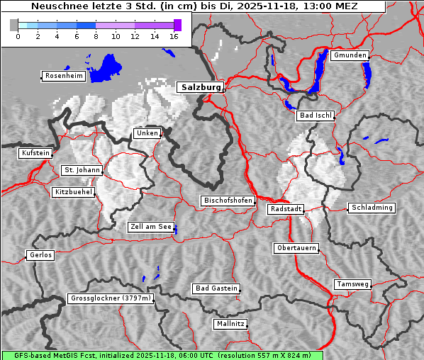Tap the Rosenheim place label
tap(63, 76)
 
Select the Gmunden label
tap(350, 55)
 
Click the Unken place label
tap(147, 133)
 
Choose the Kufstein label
tap(35, 153)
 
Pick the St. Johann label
tap(82, 170)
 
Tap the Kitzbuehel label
tap(73, 192)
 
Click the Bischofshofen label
tap(228, 201)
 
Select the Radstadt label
tap(286, 209)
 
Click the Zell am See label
tap(151, 227)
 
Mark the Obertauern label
tap(296, 248)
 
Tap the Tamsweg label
tap(352, 284)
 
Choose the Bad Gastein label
tap(216, 288)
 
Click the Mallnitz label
tap(230, 324)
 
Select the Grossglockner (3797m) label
tap(111, 299)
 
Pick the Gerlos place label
tap(40, 255)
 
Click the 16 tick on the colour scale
tap(174, 36)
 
